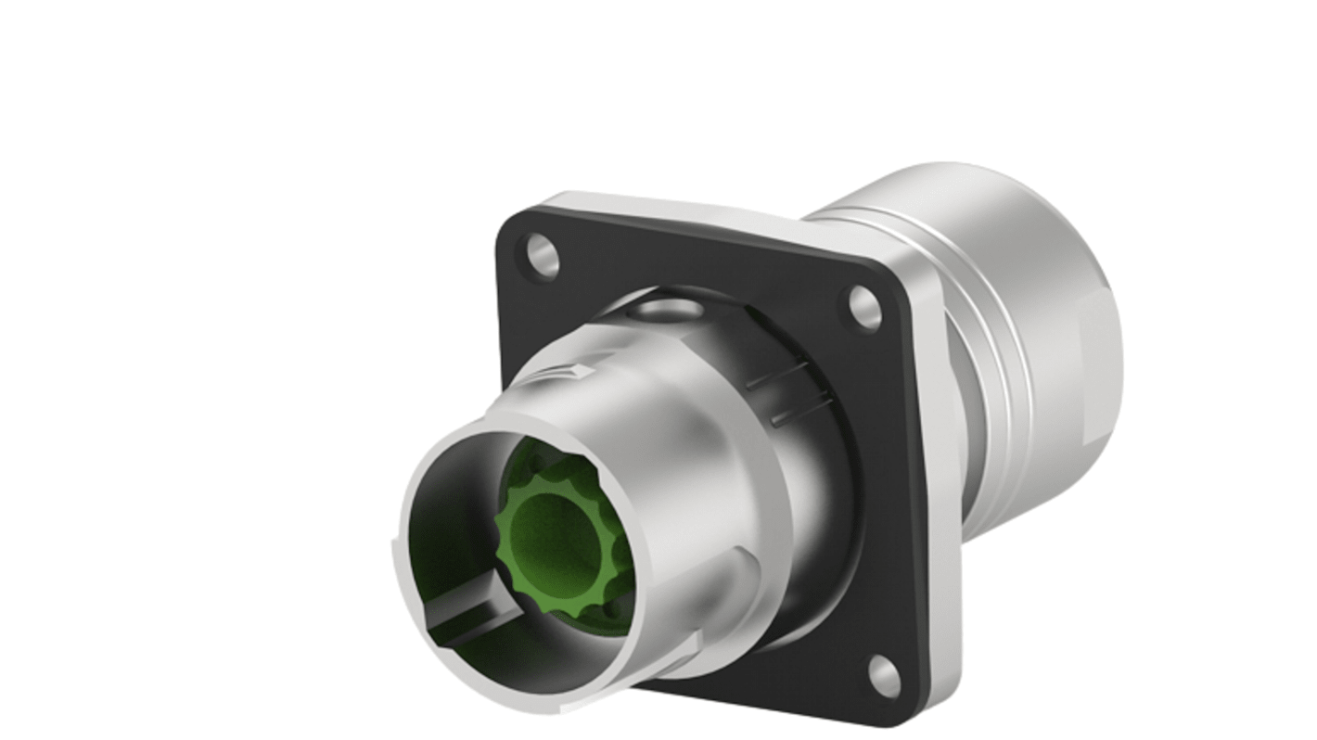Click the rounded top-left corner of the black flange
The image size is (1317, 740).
pyautogui.click(x=511, y=225)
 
